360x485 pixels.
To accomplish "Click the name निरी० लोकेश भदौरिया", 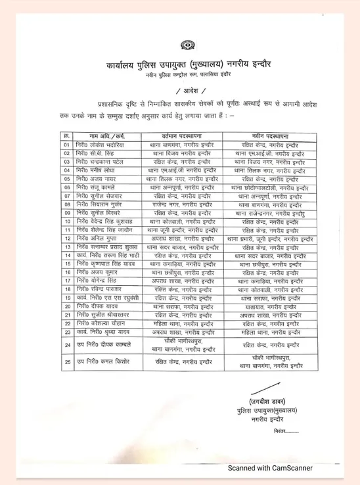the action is [99, 145].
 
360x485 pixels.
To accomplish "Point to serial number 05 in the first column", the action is [66, 179].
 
